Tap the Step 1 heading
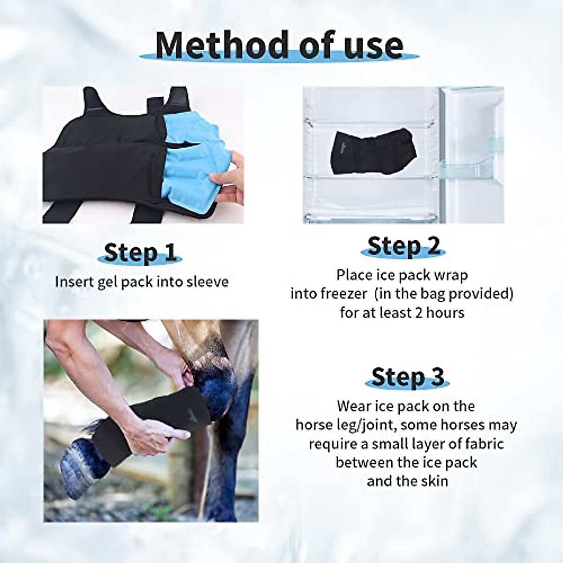coord(140,253)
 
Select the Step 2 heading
coord(403,246)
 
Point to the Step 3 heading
coord(407,378)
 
